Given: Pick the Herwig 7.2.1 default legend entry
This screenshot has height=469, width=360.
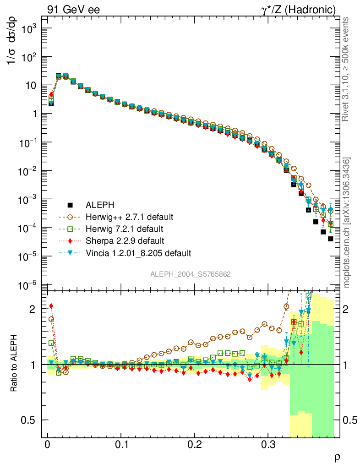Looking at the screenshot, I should (x=124, y=229).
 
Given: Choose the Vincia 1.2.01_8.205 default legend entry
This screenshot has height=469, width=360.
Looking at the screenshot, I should (x=138, y=252).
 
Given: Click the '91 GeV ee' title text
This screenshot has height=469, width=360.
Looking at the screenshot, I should (x=74, y=10).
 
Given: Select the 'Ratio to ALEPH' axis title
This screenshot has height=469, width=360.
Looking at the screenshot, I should (x=14, y=365).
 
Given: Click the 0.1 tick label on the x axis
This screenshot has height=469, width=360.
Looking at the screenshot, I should (x=121, y=444).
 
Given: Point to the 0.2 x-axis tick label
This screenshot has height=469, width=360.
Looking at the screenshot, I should (x=194, y=444).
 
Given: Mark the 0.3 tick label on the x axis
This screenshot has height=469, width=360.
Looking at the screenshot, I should (x=267, y=444).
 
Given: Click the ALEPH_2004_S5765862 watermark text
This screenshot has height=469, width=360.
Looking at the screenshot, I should (x=191, y=274).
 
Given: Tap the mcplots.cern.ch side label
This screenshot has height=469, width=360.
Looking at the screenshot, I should (x=347, y=223).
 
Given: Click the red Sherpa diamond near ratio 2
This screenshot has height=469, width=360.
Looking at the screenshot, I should (x=51, y=306).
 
